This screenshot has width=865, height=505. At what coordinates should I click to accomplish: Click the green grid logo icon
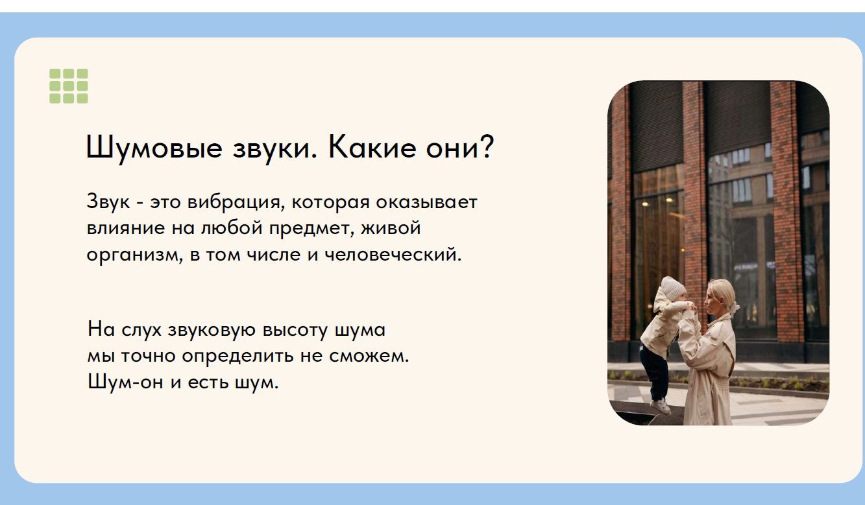(69, 86)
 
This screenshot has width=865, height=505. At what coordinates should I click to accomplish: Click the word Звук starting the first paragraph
(108, 202)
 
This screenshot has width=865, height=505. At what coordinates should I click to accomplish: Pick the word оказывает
(427, 202)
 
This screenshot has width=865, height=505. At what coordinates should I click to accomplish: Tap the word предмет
(311, 228)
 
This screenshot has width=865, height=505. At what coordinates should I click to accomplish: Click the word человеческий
(393, 255)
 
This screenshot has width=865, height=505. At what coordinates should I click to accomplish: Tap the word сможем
(369, 356)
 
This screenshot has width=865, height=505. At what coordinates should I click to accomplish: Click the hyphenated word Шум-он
(125, 382)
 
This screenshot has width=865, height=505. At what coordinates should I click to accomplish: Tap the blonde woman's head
(720, 298)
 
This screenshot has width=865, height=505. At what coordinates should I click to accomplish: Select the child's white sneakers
(660, 406)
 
